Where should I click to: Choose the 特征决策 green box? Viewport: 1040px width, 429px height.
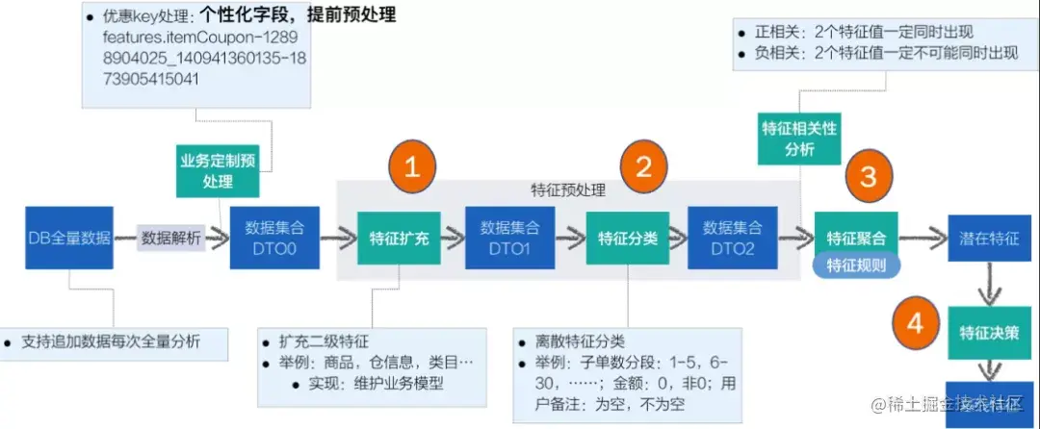(x=989, y=333)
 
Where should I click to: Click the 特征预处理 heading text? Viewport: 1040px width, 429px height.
(x=568, y=190)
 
